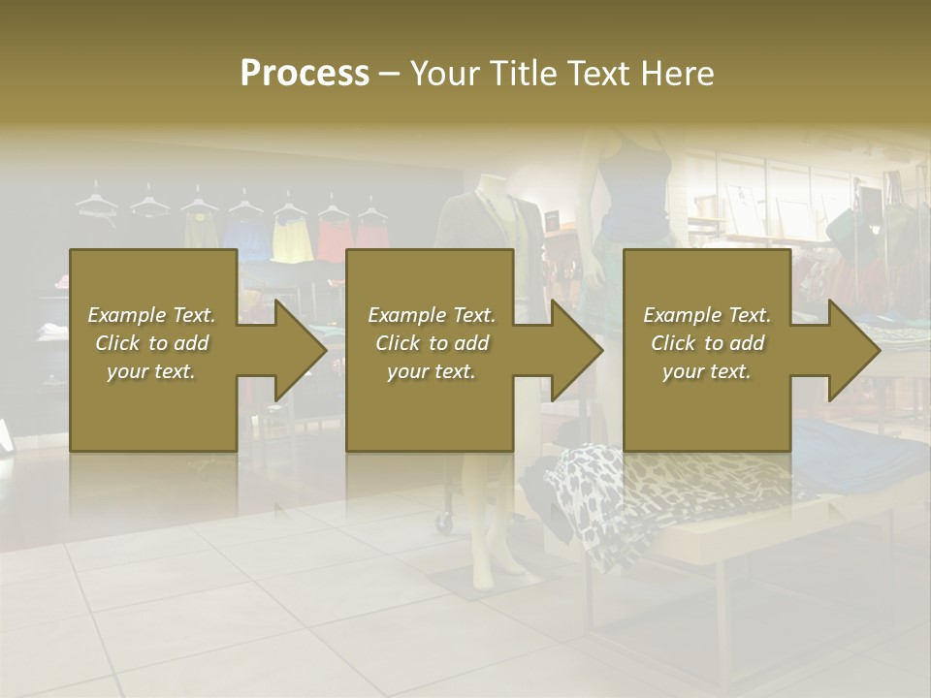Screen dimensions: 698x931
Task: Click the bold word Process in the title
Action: pyautogui.click(x=305, y=73)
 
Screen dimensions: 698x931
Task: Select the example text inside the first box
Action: pyautogui.click(x=151, y=343)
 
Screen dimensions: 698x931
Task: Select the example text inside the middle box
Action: pyautogui.click(x=431, y=343)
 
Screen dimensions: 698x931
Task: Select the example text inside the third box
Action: pyautogui.click(x=706, y=343)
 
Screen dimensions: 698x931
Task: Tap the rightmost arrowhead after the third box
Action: pyautogui.click(x=852, y=350)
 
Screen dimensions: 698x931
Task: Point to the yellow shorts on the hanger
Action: pyautogui.click(x=290, y=238)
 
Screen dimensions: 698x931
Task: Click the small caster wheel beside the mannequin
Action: pyautogui.click(x=444, y=522)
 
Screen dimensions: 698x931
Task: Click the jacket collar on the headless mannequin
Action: pyautogui.click(x=495, y=204)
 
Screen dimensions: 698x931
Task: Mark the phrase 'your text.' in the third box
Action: pyautogui.click(x=706, y=371)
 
